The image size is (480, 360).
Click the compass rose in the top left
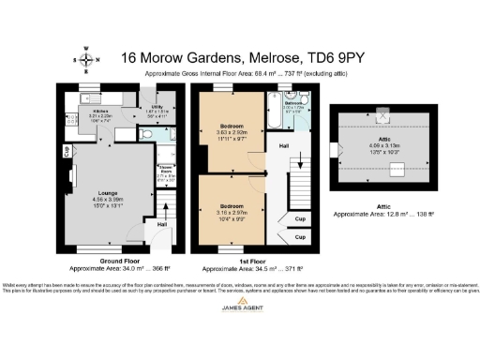86,61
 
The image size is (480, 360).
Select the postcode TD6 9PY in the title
341,57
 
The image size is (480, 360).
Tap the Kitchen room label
101,109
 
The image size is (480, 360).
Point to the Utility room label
148,108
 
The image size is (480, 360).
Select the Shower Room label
165,169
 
